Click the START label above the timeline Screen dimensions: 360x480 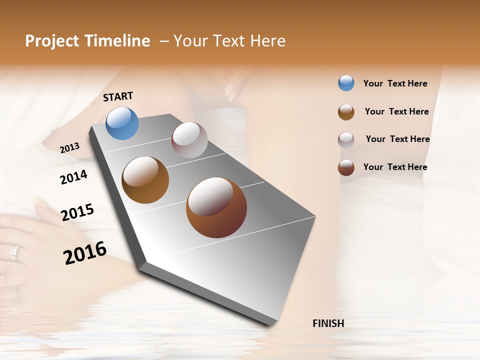point(118,96)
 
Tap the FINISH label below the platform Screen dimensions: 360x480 point(328,323)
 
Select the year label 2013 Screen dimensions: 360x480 point(69,148)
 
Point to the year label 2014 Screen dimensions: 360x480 point(73,177)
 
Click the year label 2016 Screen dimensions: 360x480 point(85,253)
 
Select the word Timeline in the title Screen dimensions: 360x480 point(119,41)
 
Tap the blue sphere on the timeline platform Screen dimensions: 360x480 point(122,123)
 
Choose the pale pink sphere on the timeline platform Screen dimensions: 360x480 point(189,140)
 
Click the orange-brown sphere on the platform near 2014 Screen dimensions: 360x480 point(145,180)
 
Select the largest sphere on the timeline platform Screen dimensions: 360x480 point(216,207)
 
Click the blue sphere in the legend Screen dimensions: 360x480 point(346,83)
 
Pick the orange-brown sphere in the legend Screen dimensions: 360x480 point(346,112)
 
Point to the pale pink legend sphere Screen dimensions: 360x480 point(346,140)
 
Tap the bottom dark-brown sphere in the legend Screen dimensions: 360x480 point(346,168)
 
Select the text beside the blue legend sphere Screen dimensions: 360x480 point(395,84)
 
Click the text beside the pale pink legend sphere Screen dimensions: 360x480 point(397,139)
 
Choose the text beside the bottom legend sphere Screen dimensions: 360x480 point(395,167)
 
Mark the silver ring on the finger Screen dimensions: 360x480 point(14,253)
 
